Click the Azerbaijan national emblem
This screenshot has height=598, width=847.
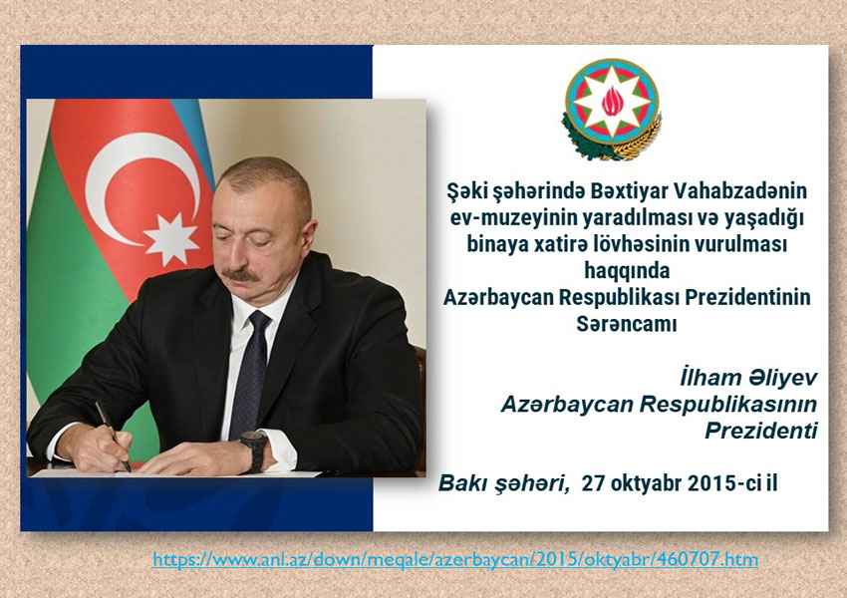612,109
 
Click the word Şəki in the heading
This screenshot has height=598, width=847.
466,191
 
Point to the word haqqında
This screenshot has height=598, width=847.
627,271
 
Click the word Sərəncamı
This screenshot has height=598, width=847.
627,324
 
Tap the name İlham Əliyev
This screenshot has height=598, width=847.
748,378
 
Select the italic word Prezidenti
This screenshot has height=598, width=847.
761,431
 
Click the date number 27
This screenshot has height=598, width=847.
593,483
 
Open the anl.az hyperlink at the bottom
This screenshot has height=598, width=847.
455,559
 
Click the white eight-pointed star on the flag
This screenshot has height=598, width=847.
171,239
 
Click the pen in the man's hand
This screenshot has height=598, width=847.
113,436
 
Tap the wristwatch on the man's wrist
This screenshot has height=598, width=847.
254,449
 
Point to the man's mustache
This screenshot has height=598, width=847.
241,274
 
